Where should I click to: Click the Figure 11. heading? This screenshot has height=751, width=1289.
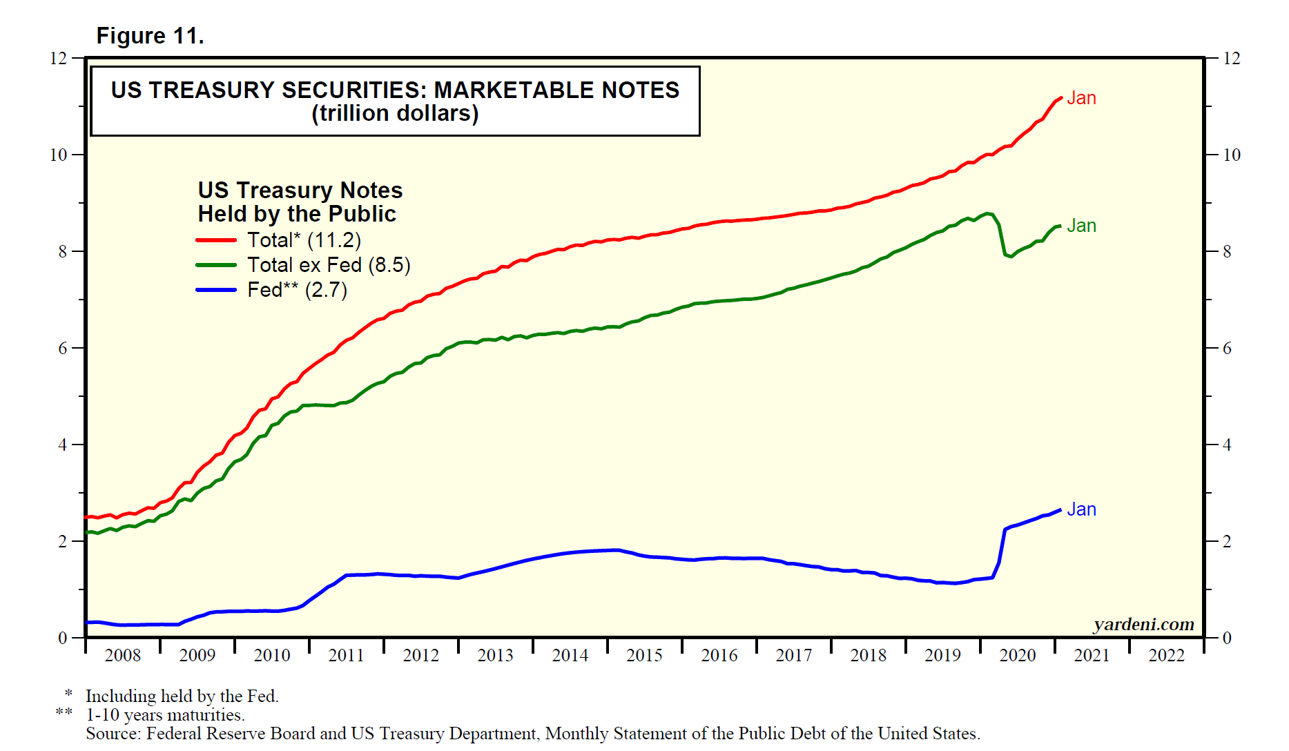click(150, 36)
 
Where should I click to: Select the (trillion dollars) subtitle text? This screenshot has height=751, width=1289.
click(395, 114)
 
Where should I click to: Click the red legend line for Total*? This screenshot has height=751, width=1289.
click(216, 240)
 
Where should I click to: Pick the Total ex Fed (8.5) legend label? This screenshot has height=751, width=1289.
click(329, 265)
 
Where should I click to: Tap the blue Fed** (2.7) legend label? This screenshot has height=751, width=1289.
click(297, 290)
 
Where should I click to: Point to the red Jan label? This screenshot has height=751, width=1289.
click(1081, 99)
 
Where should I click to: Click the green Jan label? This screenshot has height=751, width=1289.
click(1081, 226)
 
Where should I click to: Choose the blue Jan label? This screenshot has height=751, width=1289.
click(1081, 509)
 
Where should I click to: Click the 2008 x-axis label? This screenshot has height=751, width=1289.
click(123, 655)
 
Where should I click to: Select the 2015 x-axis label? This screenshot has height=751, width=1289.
click(644, 655)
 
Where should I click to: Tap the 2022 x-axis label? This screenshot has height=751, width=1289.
click(1166, 655)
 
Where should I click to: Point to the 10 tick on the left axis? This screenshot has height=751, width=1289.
click(59, 155)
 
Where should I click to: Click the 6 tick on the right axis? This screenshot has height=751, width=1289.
click(1227, 349)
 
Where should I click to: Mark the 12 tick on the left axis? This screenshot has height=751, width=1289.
click(59, 59)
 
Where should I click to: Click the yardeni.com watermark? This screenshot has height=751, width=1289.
click(1143, 625)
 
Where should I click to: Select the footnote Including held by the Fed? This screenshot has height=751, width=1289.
click(182, 696)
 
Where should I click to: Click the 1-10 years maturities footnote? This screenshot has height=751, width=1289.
click(165, 715)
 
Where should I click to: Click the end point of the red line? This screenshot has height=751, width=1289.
click(1060, 98)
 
